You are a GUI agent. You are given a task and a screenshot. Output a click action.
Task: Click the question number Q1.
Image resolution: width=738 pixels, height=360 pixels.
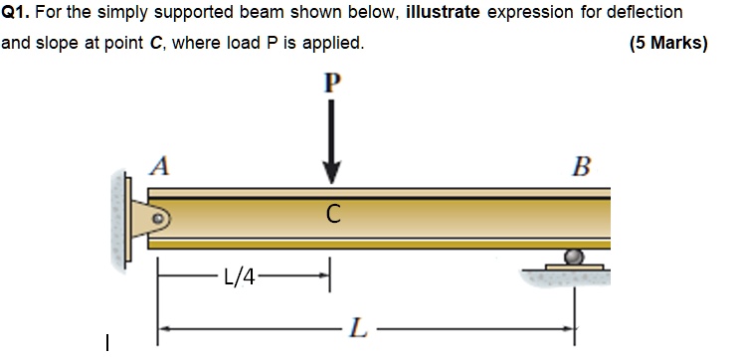(14, 13)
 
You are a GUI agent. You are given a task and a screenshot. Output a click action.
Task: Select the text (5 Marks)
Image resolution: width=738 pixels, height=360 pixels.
(668, 44)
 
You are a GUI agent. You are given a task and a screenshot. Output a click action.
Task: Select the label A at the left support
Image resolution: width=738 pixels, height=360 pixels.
(157, 166)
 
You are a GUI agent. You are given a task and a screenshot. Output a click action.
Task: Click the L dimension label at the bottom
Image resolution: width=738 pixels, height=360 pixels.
(358, 325)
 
